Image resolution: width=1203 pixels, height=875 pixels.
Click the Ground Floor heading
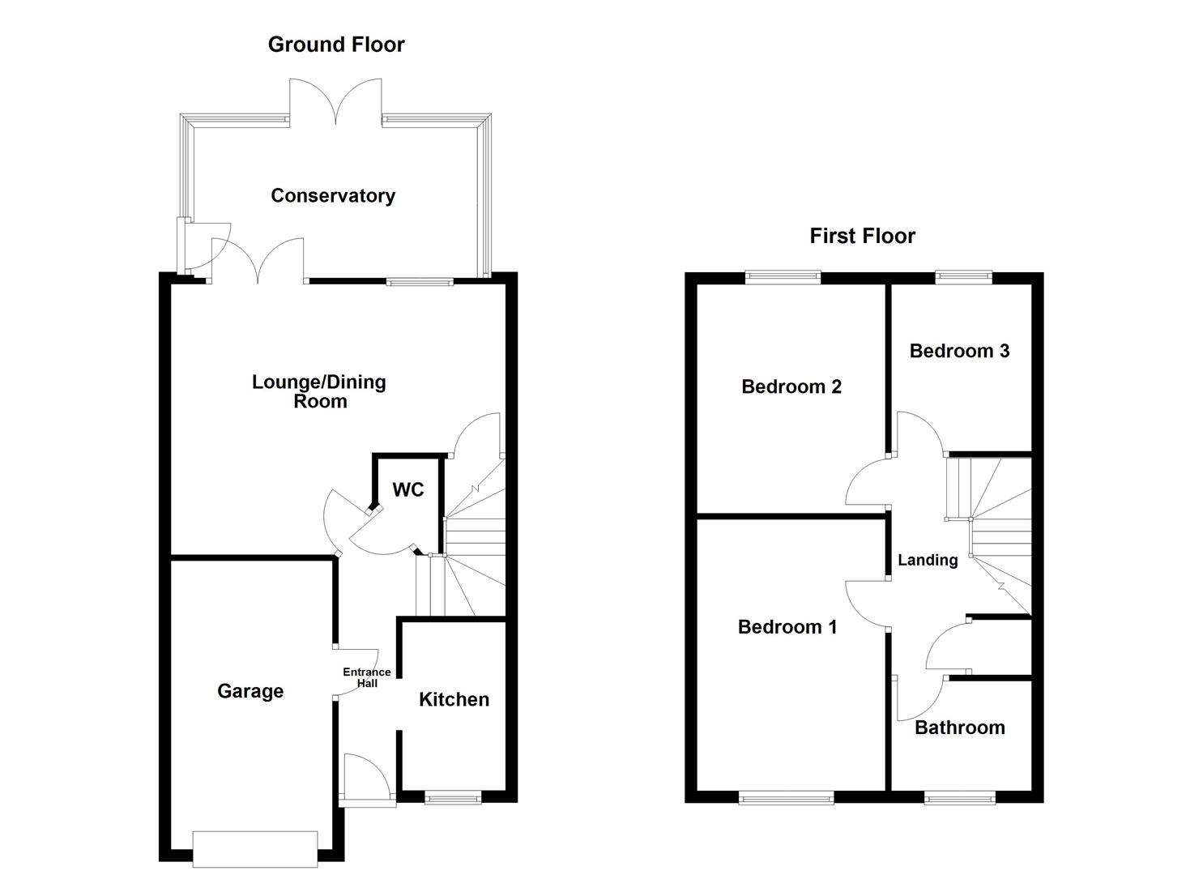pyautogui.click(x=336, y=45)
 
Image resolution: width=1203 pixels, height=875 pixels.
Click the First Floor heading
pyautogui.click(x=862, y=236)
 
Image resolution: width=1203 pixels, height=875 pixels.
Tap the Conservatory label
pyautogui.click(x=333, y=195)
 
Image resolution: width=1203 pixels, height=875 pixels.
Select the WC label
pyautogui.click(x=407, y=489)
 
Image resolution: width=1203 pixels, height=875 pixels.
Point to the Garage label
pyautogui.click(x=250, y=691)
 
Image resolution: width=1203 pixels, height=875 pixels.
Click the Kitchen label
pyautogui.click(x=454, y=699)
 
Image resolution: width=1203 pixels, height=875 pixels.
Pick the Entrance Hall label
pyautogui.click(x=367, y=677)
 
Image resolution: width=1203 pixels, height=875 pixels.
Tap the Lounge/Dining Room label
pyautogui.click(x=319, y=391)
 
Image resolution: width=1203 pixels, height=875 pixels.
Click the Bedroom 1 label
pyautogui.click(x=787, y=626)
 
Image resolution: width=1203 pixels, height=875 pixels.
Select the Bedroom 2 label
pyautogui.click(x=791, y=386)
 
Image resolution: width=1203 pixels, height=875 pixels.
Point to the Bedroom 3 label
pyautogui.click(x=959, y=351)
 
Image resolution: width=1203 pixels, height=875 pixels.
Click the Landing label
pyautogui.click(x=928, y=560)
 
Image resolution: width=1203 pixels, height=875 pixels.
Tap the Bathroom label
pyautogui.click(x=960, y=728)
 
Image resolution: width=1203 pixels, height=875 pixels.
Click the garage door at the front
pyautogui.click(x=255, y=849)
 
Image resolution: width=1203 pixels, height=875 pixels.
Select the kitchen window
pyautogui.click(x=454, y=798)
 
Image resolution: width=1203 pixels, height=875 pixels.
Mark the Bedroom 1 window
pyautogui.click(x=787, y=798)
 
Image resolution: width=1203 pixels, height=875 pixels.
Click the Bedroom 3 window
pyautogui.click(x=964, y=277)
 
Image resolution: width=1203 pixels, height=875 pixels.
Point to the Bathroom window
pyautogui.click(x=960, y=798)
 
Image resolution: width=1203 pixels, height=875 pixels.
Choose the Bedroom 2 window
pyautogui.click(x=783, y=277)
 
